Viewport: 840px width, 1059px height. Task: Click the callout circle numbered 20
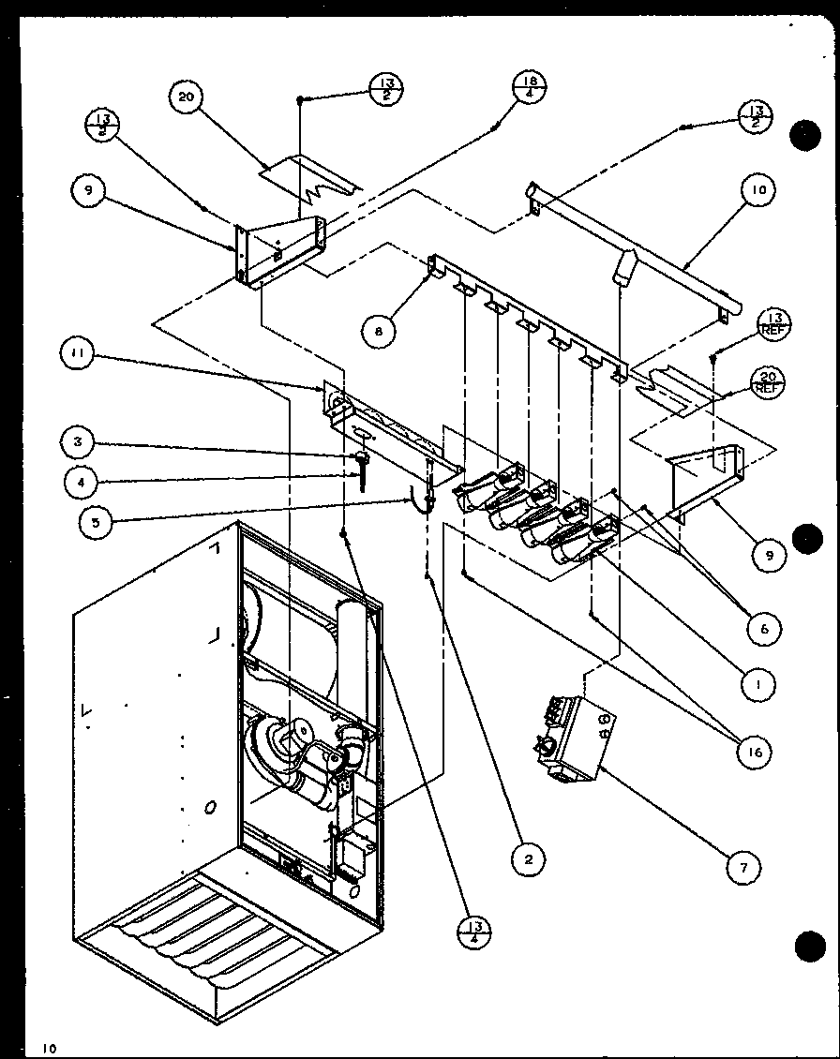[187, 100]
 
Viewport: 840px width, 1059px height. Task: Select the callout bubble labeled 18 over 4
[530, 93]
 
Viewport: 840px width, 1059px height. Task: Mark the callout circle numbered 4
[82, 482]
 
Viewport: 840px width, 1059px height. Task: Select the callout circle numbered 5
[97, 521]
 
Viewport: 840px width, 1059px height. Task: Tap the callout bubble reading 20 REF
[768, 382]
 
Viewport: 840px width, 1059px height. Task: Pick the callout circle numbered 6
[764, 629]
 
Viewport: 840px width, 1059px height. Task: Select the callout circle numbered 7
[743, 869]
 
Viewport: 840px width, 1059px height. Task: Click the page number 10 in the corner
[48, 1048]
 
